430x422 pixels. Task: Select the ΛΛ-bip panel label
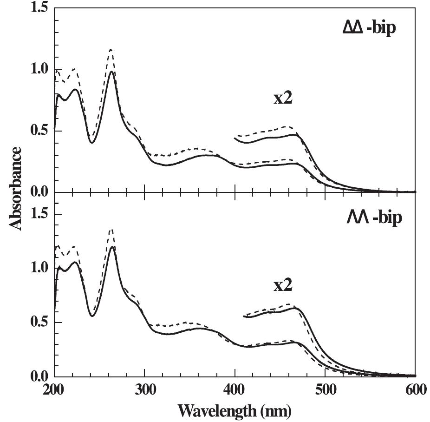(x=373, y=218)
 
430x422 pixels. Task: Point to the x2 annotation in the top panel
(x=282, y=99)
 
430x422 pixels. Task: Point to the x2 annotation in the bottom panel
(x=282, y=285)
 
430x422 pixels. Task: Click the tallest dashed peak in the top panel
(x=111, y=49)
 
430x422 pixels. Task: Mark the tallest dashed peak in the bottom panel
(x=111, y=229)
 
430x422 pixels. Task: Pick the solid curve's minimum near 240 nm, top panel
(x=92, y=142)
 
